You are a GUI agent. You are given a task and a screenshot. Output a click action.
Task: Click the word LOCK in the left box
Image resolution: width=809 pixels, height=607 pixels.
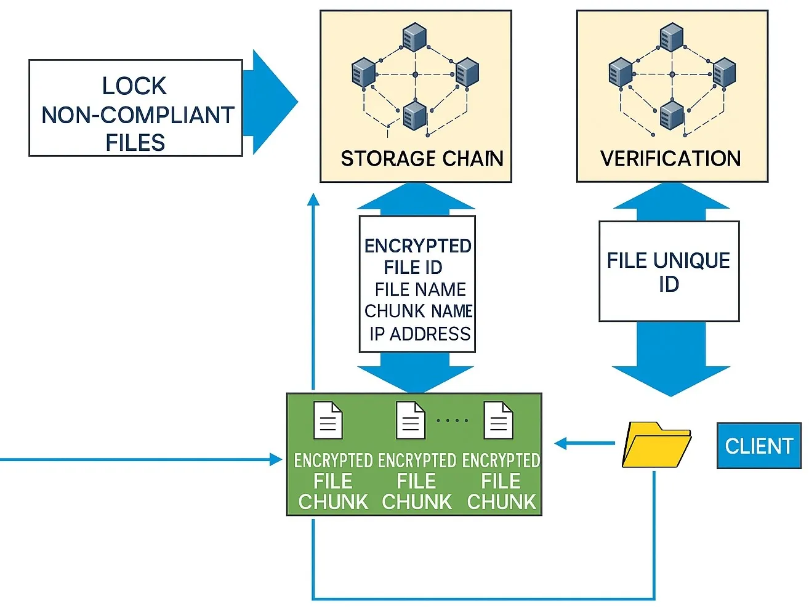click(134, 86)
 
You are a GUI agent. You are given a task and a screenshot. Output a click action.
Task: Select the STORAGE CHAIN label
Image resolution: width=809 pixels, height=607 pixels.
click(422, 158)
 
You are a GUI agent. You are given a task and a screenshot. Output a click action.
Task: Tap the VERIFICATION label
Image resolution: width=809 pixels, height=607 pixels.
click(670, 158)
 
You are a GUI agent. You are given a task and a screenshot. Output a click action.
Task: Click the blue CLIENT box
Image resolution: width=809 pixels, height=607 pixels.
click(759, 446)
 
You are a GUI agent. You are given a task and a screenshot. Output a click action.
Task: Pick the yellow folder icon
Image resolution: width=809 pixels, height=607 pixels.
click(656, 445)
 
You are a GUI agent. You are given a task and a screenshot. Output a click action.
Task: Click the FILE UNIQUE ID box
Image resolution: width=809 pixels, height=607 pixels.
click(669, 271)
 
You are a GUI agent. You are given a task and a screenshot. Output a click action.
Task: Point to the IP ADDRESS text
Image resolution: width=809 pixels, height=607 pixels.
click(420, 334)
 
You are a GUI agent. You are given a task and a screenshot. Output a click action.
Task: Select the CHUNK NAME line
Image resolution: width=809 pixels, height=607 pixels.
click(418, 311)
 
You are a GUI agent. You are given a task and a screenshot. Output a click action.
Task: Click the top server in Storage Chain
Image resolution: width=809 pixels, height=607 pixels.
click(414, 37)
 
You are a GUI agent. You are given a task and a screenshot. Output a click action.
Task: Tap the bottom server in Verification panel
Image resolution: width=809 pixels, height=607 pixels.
click(672, 115)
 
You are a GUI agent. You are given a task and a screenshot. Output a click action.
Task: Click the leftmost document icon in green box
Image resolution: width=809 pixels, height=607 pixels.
click(328, 420)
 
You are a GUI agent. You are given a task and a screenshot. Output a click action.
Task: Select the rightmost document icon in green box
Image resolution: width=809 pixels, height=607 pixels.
click(498, 420)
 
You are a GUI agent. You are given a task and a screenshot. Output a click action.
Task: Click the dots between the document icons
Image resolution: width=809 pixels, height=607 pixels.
click(453, 420)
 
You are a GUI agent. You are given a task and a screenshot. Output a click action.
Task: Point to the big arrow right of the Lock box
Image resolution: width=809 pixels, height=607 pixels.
click(270, 102)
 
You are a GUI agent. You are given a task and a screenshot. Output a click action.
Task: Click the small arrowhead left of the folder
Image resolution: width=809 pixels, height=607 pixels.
click(560, 443)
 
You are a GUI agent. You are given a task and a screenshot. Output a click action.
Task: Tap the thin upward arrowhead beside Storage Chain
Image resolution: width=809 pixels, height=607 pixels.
click(313, 199)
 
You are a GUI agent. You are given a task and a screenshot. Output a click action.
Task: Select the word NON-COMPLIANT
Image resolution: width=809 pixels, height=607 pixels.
click(138, 115)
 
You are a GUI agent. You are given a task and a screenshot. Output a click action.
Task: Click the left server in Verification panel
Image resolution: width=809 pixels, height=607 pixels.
click(621, 72)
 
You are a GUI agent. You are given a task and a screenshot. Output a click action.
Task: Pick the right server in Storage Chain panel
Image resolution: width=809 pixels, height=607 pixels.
click(467, 72)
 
